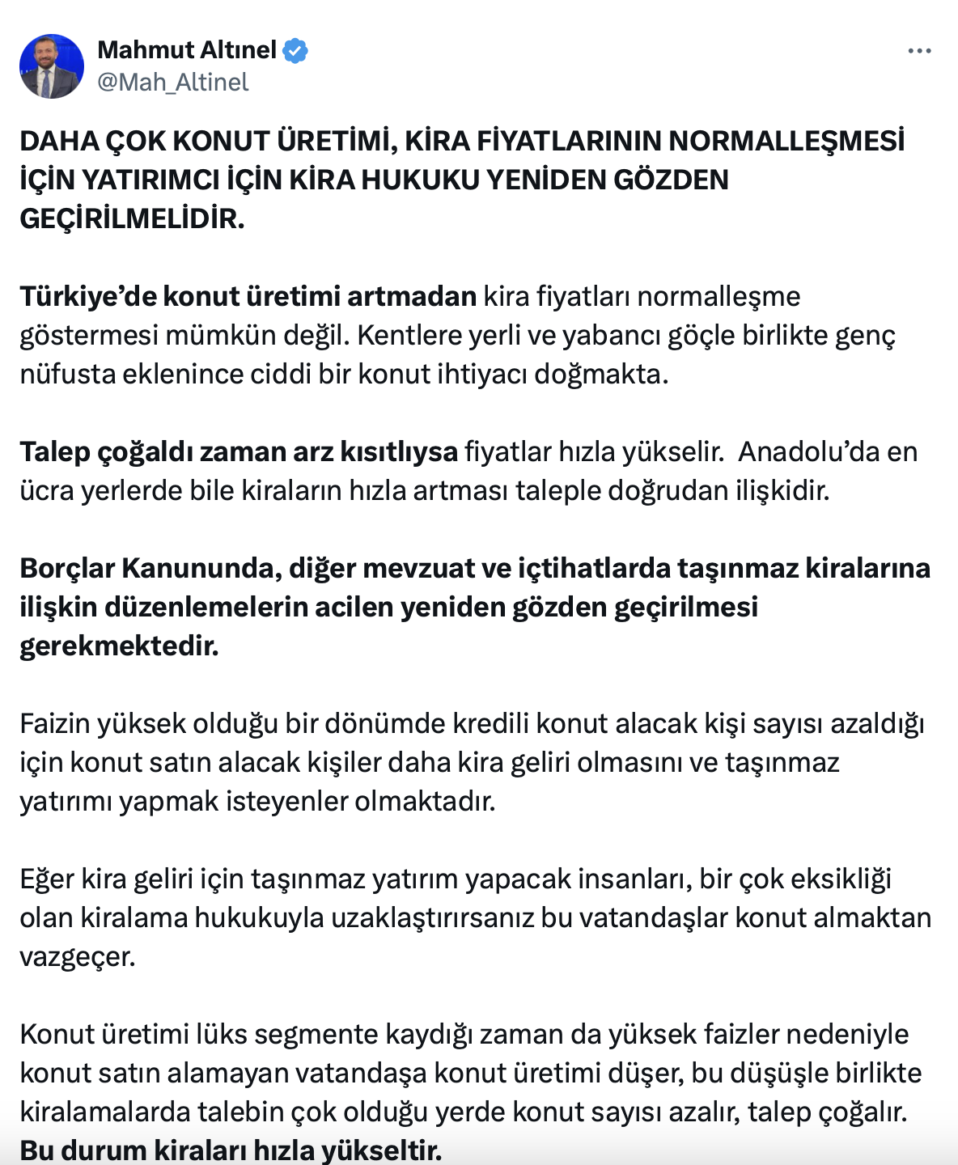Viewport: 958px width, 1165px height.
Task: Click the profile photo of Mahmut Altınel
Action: (x=52, y=66)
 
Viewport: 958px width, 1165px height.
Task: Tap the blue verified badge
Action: (x=295, y=50)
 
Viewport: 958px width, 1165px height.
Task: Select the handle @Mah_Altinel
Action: (x=172, y=83)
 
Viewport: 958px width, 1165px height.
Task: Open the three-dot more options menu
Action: (x=919, y=51)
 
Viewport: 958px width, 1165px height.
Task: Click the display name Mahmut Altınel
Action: (x=187, y=50)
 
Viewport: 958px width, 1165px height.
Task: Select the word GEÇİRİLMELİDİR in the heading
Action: (x=132, y=218)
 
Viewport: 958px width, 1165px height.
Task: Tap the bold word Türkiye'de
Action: (x=87, y=296)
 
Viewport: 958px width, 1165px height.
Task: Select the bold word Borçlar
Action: (x=67, y=568)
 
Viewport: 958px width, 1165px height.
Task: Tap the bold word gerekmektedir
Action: (x=119, y=646)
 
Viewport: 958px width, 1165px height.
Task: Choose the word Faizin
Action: (x=54, y=723)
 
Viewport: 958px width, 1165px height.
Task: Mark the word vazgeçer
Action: (x=77, y=956)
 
